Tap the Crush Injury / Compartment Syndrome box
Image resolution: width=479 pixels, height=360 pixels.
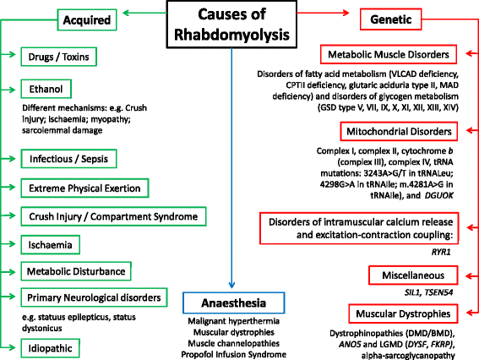click(x=112, y=216)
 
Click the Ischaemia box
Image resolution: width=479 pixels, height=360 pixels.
click(x=52, y=245)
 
